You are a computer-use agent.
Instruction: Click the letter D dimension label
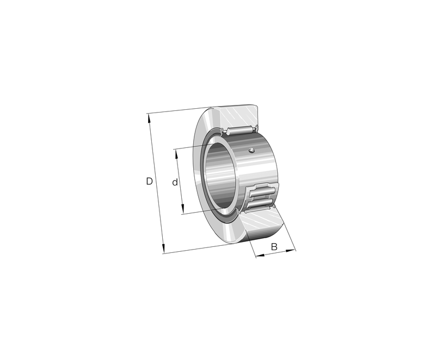pyautogui.click(x=149, y=181)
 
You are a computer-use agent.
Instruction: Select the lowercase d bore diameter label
pyautogui.click(x=175, y=183)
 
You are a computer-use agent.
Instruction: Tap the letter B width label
pyautogui.click(x=274, y=247)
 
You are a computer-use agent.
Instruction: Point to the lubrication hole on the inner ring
pyautogui.click(x=251, y=151)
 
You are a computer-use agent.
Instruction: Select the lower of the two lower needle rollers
pyautogui.click(x=261, y=203)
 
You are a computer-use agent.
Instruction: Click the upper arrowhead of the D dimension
pyautogui.click(x=148, y=116)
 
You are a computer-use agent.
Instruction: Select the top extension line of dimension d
pyautogui.click(x=191, y=147)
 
